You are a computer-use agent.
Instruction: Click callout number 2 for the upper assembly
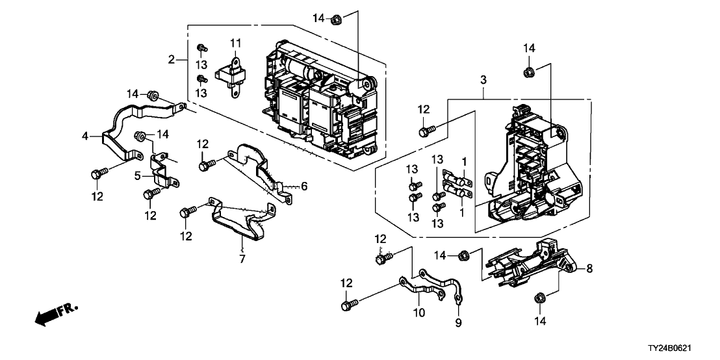click(x=172, y=60)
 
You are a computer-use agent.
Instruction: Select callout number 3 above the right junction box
click(x=483, y=80)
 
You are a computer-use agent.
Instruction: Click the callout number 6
click(x=303, y=186)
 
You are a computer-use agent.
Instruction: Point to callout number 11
click(x=235, y=43)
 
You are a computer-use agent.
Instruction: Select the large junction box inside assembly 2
click(x=318, y=104)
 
